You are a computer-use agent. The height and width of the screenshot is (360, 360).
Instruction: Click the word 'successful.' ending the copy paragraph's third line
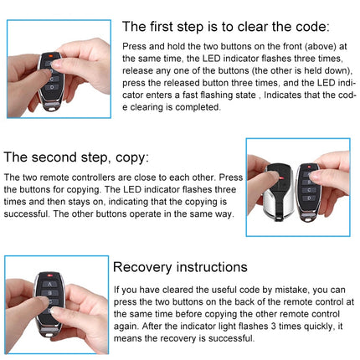[x=25, y=214]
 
